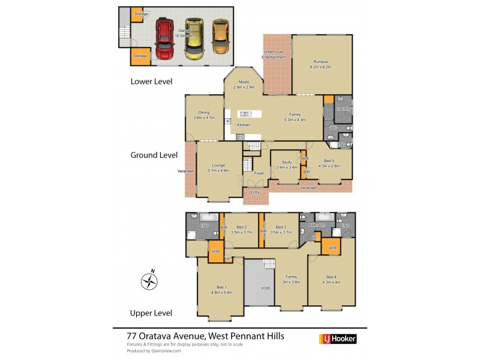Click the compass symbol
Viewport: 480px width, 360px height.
[x=149, y=281]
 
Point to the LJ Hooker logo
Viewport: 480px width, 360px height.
[x=337, y=339]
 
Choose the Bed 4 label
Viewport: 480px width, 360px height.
[x=331, y=280]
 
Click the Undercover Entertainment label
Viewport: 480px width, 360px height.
[x=274, y=55]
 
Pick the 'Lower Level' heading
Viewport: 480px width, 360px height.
[x=151, y=81]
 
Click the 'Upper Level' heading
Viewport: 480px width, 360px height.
[x=151, y=313]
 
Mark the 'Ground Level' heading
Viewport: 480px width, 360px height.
[x=154, y=155]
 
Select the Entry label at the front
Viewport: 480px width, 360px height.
[x=255, y=192]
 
